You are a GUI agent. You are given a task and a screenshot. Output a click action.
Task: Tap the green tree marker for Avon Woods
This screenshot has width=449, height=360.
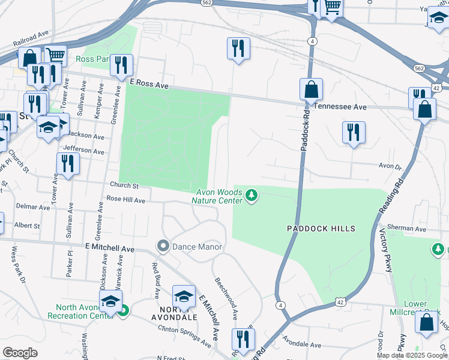[x=252, y=196]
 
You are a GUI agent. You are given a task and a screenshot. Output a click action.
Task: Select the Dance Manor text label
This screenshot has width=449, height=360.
[x=197, y=247]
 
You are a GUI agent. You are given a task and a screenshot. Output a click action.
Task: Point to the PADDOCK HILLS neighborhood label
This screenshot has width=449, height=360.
[x=321, y=229]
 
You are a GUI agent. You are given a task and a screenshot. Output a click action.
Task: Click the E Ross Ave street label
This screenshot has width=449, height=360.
[x=149, y=83]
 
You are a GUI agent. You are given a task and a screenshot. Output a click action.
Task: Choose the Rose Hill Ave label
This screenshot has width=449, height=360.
[x=126, y=199]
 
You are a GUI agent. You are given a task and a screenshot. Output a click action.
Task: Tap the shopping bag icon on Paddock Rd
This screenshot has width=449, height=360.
[x=311, y=90]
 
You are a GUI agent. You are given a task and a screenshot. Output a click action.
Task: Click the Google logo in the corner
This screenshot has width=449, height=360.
[x=20, y=353]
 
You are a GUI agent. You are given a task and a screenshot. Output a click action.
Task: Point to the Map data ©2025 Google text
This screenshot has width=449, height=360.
[x=412, y=355]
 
